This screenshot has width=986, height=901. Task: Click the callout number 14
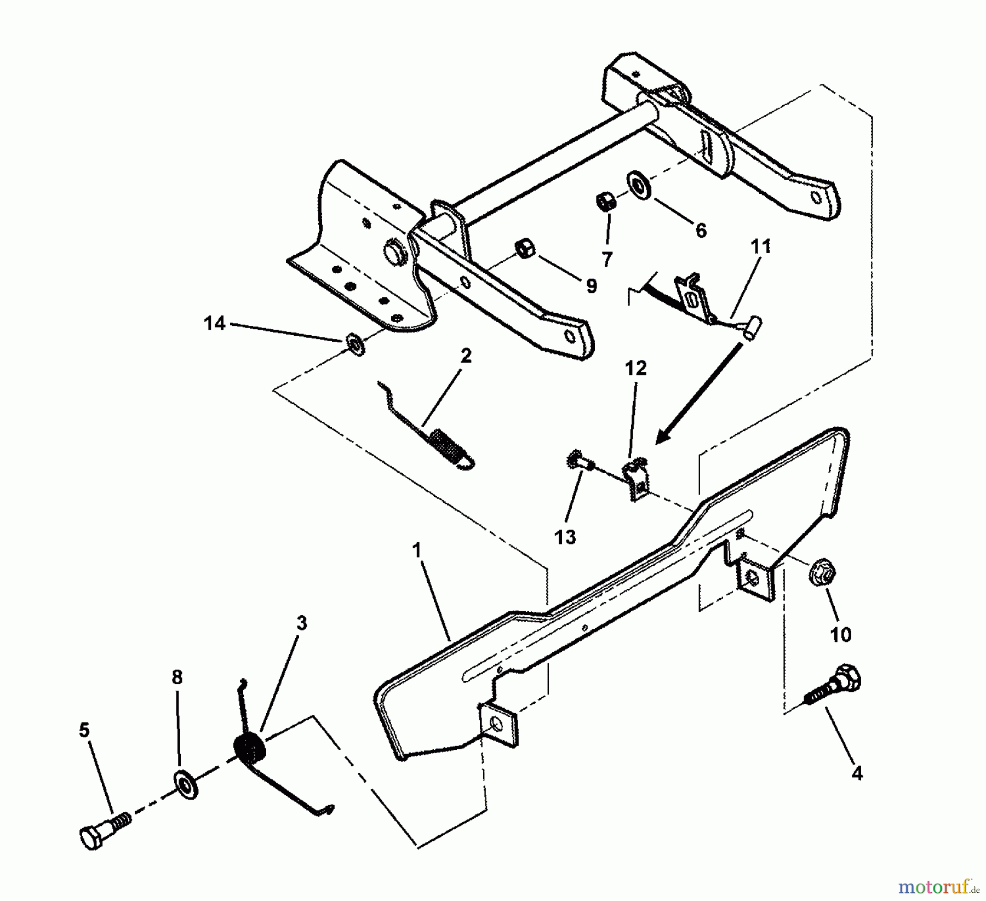[x=214, y=323]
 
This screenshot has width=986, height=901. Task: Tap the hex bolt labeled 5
[x=104, y=832]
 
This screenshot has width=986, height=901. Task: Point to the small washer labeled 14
[x=354, y=346]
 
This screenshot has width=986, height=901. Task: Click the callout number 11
[x=760, y=247]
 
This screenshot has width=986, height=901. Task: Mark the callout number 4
[x=857, y=773]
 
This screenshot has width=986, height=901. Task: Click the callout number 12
[x=635, y=369]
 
